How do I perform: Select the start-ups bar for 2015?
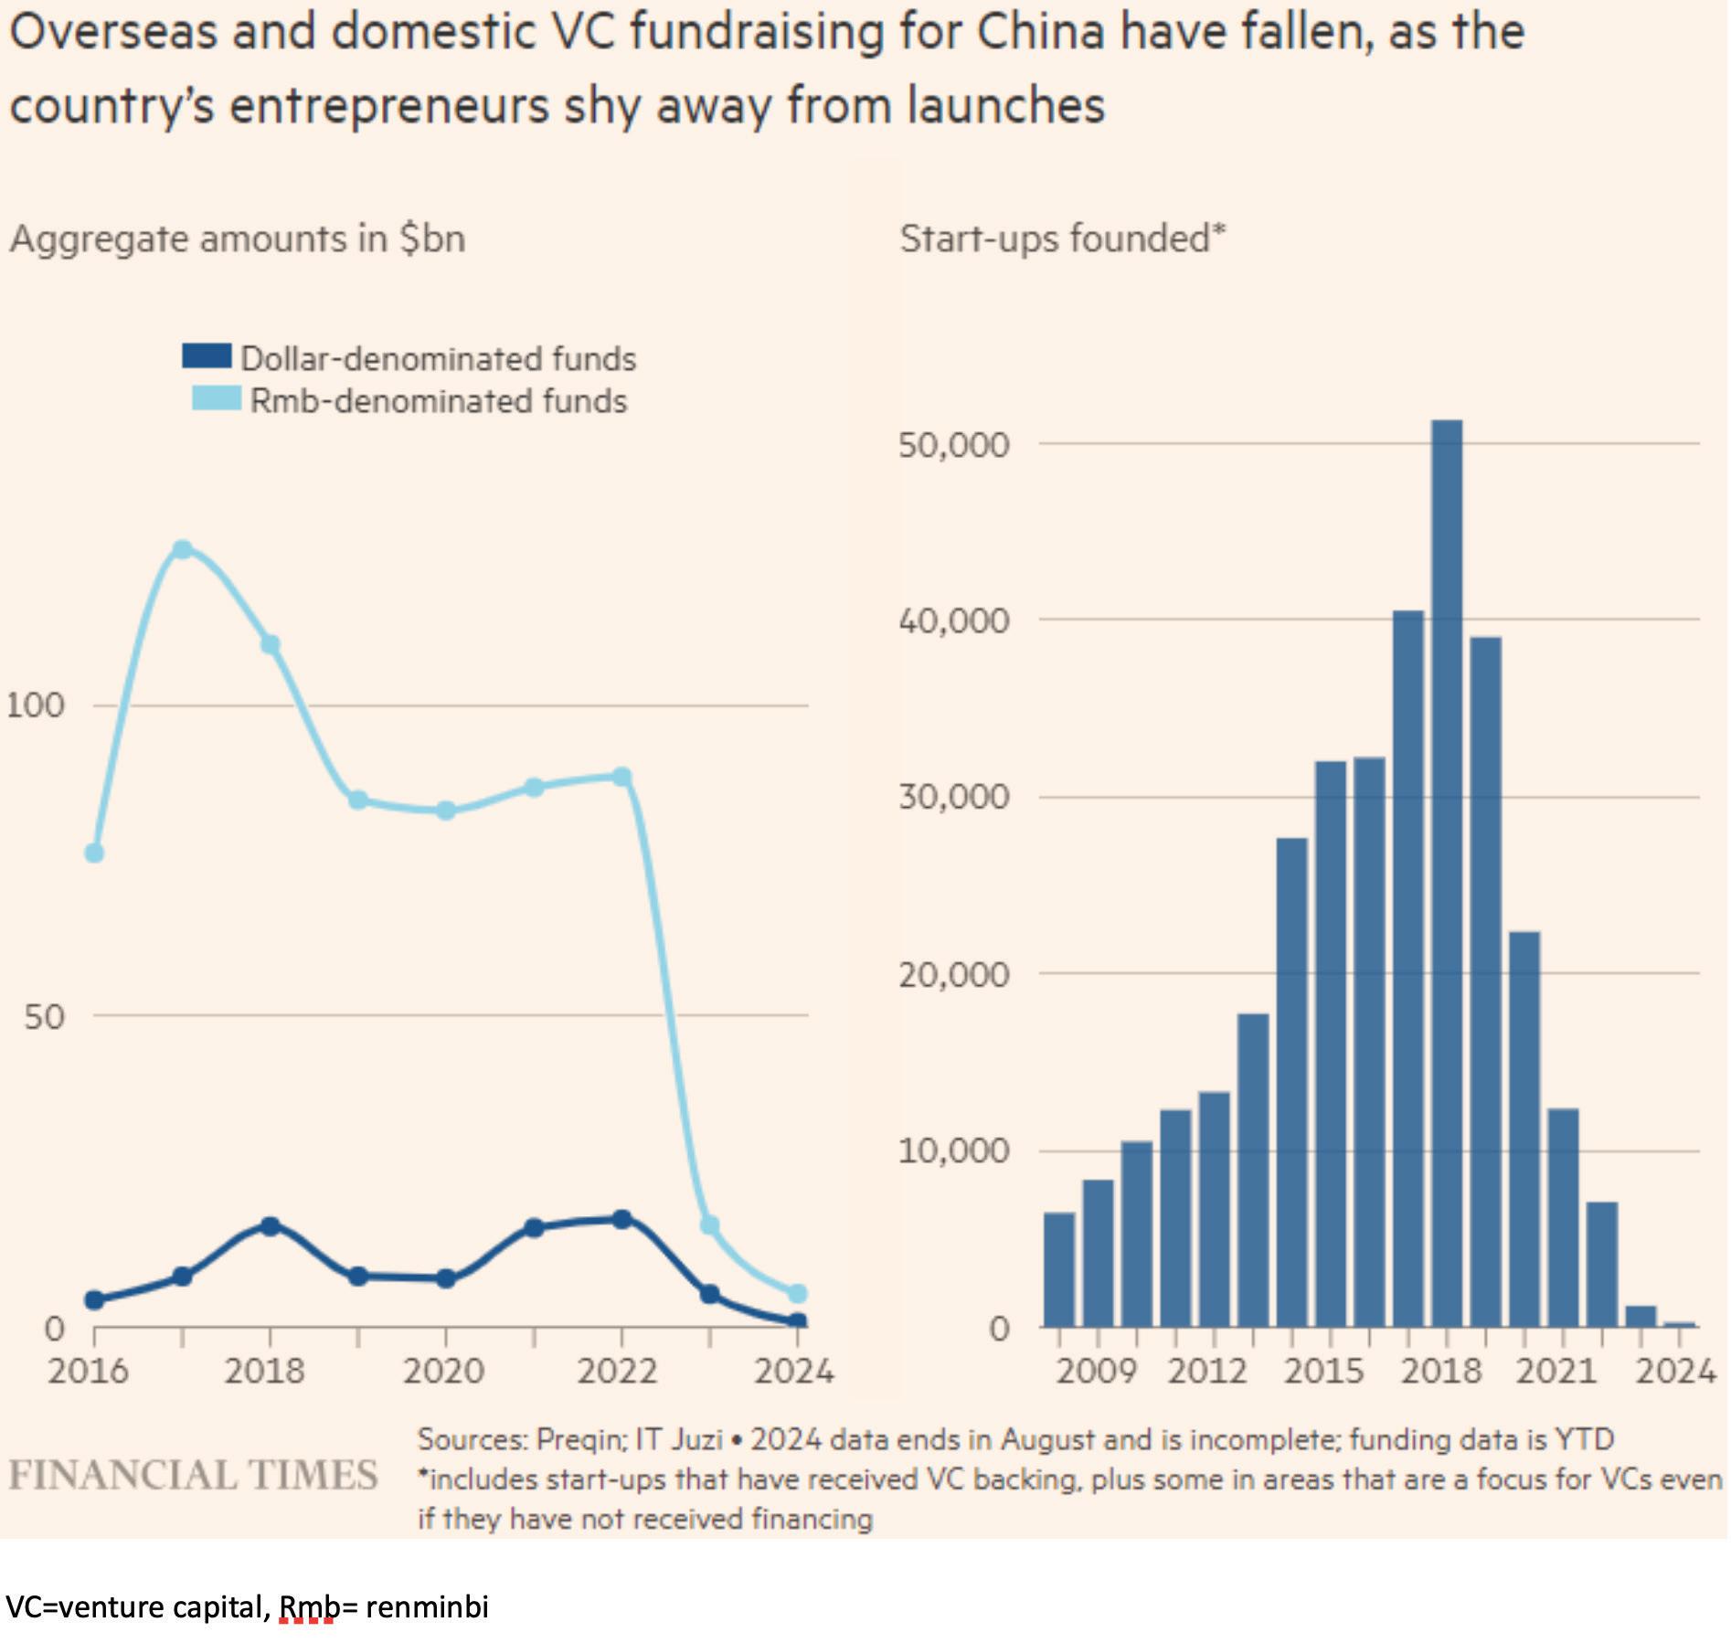click(1330, 1043)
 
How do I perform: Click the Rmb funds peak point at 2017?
click(182, 549)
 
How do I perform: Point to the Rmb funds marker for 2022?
click(621, 778)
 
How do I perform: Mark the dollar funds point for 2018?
click(270, 1226)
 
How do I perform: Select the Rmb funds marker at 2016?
click(94, 853)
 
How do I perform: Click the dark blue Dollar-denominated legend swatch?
click(207, 355)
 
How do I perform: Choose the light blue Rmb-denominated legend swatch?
click(217, 398)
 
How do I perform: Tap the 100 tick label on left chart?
click(37, 705)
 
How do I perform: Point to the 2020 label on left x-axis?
click(443, 1371)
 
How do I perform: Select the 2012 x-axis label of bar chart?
click(1206, 1371)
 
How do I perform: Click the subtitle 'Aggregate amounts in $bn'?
click(238, 239)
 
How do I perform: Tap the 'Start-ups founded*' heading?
click(1062, 239)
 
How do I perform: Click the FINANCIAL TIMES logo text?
click(193, 1475)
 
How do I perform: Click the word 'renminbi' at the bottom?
click(427, 1606)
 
